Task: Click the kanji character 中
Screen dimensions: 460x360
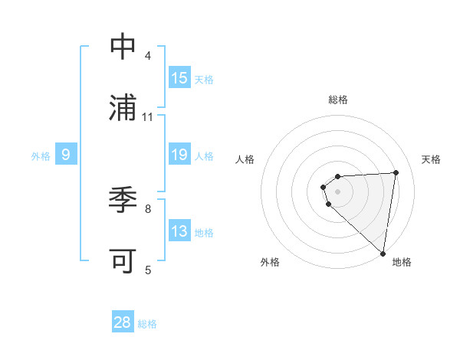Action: click(123, 47)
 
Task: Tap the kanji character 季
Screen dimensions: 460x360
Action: click(123, 200)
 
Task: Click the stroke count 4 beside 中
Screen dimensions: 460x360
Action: click(147, 56)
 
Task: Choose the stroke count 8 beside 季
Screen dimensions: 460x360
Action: click(147, 208)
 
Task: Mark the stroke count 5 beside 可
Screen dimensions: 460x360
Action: click(147, 269)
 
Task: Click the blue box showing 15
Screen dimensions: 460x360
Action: click(179, 78)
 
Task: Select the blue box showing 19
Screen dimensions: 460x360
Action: click(179, 155)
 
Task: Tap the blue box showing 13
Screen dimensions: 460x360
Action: click(179, 231)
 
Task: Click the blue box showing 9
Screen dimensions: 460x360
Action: click(66, 155)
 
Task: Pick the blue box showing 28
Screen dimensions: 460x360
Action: click(123, 322)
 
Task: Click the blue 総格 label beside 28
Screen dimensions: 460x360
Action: click(147, 324)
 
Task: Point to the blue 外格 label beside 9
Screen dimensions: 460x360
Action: click(41, 156)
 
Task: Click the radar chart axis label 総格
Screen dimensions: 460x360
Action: click(337, 100)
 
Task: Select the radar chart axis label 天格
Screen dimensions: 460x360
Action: click(431, 159)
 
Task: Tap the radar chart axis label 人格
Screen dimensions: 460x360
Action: click(245, 159)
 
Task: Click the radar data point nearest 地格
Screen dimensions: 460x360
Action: click(383, 254)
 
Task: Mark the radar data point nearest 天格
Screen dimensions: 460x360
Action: click(396, 172)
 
